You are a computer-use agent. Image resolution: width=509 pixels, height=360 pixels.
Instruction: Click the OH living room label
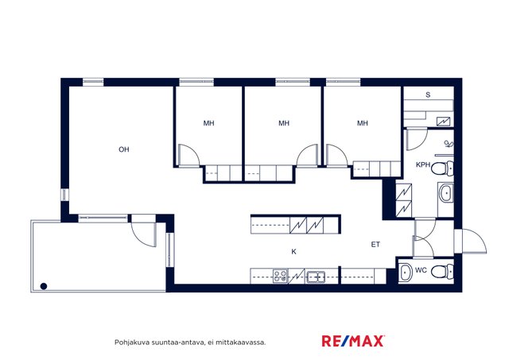point(124,149)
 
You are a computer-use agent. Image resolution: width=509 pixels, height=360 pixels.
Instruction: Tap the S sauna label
point(428,95)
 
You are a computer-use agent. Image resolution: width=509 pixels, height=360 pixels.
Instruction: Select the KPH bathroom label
point(423,165)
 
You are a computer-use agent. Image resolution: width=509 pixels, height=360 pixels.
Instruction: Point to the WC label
point(421,270)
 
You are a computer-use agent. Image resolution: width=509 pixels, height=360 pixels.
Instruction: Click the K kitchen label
point(293,252)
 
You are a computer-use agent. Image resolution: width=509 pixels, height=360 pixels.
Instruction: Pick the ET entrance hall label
point(375,245)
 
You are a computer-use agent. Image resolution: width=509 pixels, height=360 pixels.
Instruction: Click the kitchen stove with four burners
point(280,277)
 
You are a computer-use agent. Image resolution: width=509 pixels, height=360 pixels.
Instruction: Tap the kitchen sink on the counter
point(316,277)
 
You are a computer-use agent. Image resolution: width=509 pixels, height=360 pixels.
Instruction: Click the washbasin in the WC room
point(406,273)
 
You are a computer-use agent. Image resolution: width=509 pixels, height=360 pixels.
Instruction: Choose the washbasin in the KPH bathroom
point(446,193)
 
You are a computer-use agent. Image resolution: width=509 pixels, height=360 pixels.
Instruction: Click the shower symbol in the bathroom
point(449,144)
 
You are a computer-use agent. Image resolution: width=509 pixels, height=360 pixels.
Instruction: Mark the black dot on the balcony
point(44,286)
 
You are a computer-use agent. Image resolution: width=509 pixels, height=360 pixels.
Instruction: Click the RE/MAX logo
point(353,341)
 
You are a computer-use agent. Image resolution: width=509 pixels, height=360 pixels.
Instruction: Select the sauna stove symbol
point(444,122)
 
